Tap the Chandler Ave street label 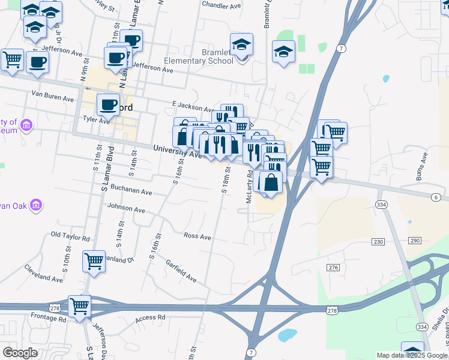coord(221,5)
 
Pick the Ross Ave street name coord(197,236)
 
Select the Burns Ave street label coord(422,166)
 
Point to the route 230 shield coord(378,241)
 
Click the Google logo coord(20,353)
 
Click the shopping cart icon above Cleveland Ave coord(94,261)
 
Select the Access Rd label coord(149,318)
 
